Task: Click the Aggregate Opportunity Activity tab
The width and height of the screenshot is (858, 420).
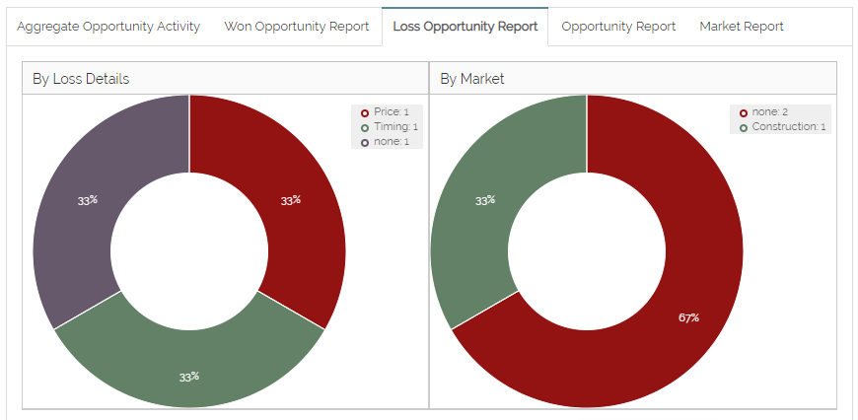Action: point(108,27)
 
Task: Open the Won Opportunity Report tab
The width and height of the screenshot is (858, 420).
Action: point(297,27)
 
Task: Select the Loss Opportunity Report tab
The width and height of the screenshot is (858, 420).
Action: point(465,27)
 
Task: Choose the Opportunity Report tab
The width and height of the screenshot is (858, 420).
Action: point(618,27)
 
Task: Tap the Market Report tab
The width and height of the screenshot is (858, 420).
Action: point(742,27)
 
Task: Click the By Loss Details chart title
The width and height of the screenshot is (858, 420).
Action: point(81,79)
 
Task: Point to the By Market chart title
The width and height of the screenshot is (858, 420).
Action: point(472,79)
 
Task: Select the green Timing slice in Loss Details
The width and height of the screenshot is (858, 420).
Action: point(189,365)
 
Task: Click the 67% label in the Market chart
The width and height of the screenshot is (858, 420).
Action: point(688,317)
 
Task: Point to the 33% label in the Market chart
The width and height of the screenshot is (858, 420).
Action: point(485,200)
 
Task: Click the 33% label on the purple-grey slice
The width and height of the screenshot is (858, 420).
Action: point(88,200)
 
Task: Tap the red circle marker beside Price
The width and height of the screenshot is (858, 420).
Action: point(365,112)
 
